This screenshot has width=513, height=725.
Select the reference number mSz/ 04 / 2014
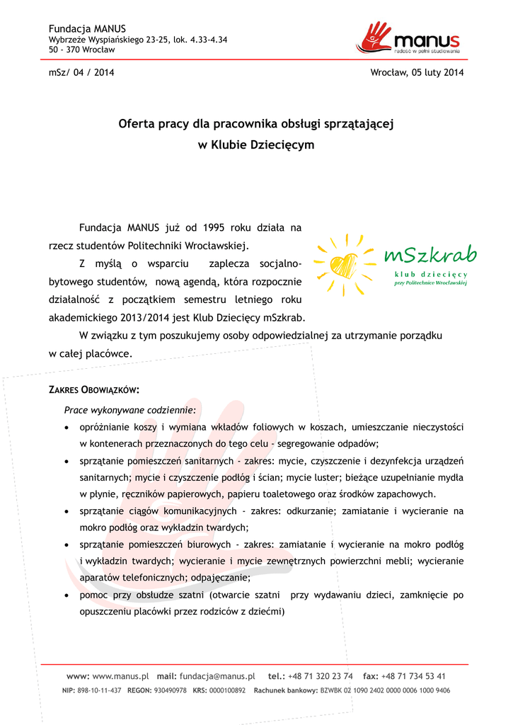(x=81, y=72)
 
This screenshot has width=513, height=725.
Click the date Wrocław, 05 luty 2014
(x=417, y=72)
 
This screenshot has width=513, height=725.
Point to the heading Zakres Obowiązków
(x=93, y=390)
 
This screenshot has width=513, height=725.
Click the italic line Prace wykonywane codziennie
(x=130, y=410)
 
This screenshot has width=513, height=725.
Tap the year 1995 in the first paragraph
(x=214, y=228)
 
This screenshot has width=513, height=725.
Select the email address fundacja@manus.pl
(x=217, y=676)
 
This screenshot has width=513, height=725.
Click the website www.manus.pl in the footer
(x=120, y=676)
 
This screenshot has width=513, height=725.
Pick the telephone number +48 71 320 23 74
(x=320, y=676)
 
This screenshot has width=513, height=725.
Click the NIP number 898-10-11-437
(x=100, y=690)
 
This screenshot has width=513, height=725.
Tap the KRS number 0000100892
(x=227, y=690)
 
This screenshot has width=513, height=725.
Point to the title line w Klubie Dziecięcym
(x=255, y=144)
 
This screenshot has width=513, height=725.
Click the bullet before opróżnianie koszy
(x=67, y=428)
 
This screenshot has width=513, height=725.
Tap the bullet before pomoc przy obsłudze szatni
(x=67, y=596)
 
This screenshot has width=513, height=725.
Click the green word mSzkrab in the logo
(x=430, y=254)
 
